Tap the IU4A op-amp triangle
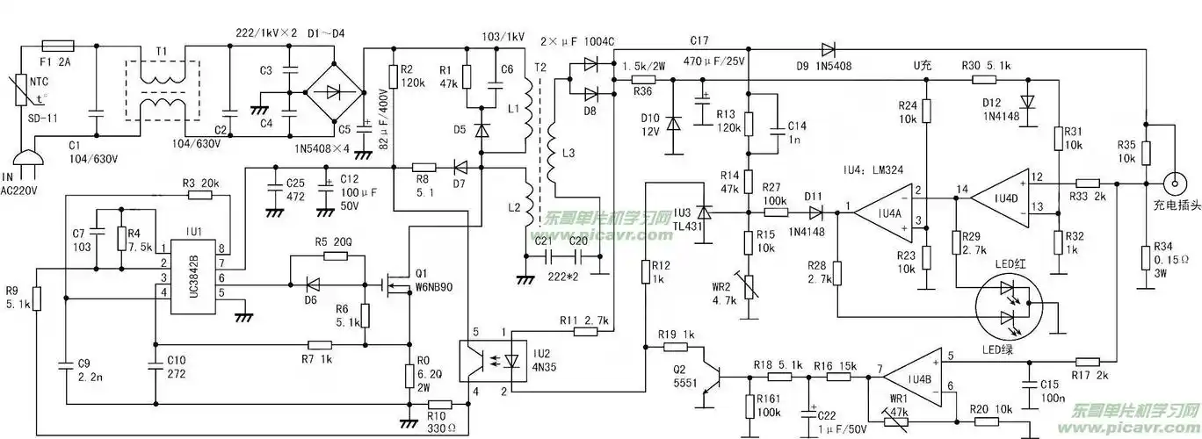point(881,211)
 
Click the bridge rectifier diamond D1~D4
point(336,92)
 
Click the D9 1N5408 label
point(825,65)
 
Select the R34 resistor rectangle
point(1146,260)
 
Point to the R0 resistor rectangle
point(409,377)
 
